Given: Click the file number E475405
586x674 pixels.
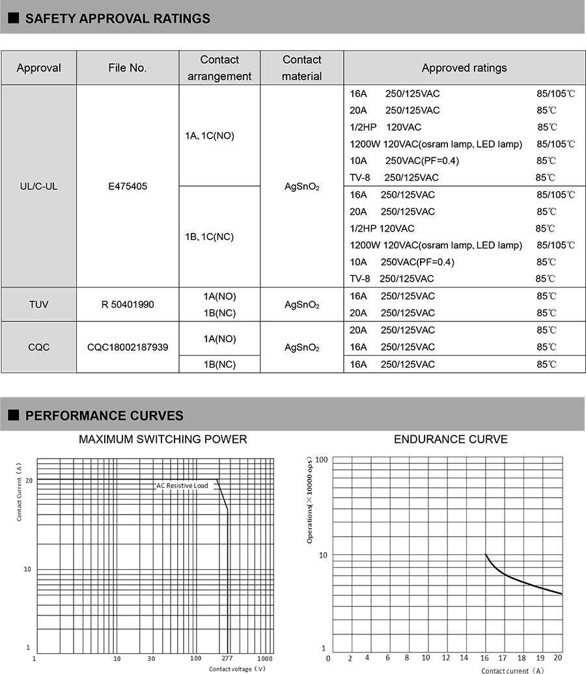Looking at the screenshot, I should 128,186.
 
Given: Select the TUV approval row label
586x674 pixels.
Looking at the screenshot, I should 38,304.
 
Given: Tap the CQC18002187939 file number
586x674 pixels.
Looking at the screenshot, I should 128,347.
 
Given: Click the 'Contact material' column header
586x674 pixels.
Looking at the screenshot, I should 302,68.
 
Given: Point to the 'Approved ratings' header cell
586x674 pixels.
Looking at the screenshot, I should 464,68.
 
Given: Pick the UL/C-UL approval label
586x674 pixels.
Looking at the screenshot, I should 38,186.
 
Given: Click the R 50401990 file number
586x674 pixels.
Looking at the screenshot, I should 128,304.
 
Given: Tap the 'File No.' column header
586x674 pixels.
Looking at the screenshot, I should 128,68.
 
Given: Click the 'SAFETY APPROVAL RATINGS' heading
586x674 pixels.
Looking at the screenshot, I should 117,18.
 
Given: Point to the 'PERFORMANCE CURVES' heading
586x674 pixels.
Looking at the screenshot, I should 104,416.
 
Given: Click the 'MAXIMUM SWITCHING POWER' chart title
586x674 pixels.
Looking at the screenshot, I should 163,439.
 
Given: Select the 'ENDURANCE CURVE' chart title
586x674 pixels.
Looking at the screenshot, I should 451,439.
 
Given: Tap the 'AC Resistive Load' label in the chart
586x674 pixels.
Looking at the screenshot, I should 182,485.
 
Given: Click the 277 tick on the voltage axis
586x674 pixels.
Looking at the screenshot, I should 227,658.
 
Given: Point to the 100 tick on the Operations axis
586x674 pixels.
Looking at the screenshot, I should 321,459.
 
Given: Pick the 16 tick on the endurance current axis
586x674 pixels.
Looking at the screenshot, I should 485,658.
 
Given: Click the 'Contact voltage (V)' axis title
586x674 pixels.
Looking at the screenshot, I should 237,668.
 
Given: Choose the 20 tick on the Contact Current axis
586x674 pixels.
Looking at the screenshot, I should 28,479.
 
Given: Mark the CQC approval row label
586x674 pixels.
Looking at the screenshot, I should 38,347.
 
